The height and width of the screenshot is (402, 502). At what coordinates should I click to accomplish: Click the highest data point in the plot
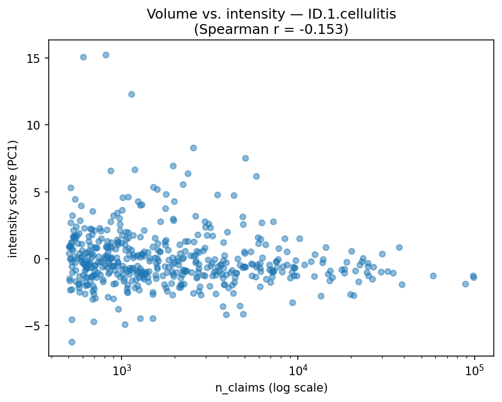point(106,55)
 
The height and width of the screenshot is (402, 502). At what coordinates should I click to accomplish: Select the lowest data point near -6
point(72,342)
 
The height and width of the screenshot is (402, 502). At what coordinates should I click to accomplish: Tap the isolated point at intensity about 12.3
point(131,94)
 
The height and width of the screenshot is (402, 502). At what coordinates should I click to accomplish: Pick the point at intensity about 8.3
point(193,148)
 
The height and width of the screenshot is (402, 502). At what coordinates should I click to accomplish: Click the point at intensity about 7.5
point(245,158)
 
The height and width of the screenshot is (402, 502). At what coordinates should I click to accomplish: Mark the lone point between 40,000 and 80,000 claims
point(433,276)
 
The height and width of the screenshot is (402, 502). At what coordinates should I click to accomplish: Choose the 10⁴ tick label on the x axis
point(298,370)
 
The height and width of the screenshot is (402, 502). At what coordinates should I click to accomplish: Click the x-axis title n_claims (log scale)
point(271,388)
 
